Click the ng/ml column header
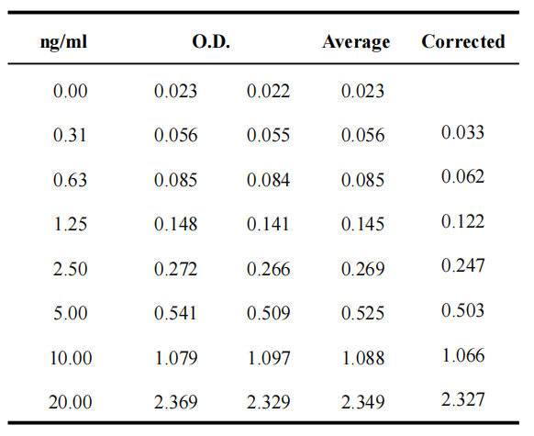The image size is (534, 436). tap(63, 43)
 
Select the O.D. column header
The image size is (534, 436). tap(211, 41)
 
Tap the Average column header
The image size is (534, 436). tap(356, 42)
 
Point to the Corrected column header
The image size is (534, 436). tap(463, 41)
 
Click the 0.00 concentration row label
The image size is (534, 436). tap(70, 91)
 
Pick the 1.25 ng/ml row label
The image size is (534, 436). tap(70, 224)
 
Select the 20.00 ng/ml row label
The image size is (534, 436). tap(70, 402)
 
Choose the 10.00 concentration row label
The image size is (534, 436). tap(71, 358)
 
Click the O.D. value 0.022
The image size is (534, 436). tap(268, 91)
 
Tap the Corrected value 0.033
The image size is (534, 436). tap(462, 132)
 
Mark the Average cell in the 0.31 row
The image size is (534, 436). tap(363, 135)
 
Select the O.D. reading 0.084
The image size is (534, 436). tap(268, 180)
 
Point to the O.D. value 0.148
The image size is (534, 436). tap(176, 224)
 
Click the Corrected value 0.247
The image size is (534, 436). tap(462, 265)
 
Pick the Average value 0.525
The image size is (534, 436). tap(363, 313)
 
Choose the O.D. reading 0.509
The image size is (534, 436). tap(268, 313)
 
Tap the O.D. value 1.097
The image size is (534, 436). tap(269, 358)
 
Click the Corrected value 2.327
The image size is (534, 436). tap(462, 399)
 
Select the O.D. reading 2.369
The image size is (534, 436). tap(176, 402)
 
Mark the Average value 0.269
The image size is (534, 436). tap(363, 268)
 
